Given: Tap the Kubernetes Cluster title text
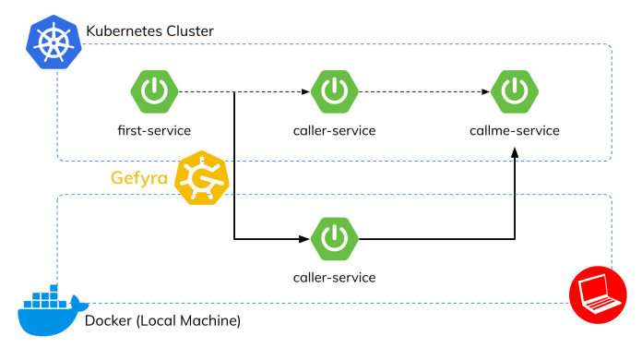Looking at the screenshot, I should pyautogui.click(x=149, y=31).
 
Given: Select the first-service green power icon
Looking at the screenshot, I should pyautogui.click(x=154, y=92).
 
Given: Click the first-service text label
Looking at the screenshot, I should pyautogui.click(x=154, y=130).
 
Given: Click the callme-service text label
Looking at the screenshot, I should pyautogui.click(x=514, y=130).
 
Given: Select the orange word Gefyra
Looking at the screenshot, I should pyautogui.click(x=139, y=177).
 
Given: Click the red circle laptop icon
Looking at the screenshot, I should pyautogui.click(x=590, y=295).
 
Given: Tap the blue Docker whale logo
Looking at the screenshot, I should pyautogui.click(x=50, y=309).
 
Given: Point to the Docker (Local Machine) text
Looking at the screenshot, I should pyautogui.click(x=162, y=321).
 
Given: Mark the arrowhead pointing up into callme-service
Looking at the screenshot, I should pyautogui.click(x=514, y=161).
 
